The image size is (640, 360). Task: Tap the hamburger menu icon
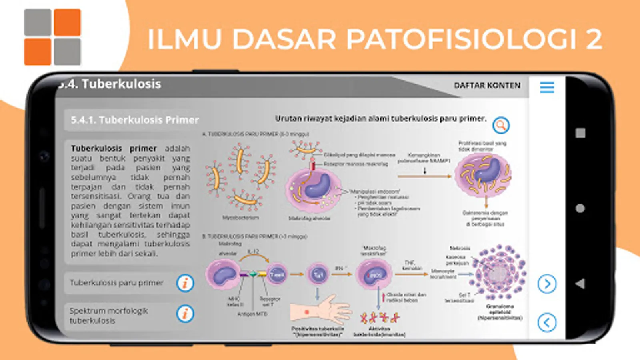(x=547, y=87)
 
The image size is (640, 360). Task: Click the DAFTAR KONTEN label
(x=487, y=86)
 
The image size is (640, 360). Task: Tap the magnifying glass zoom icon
(x=500, y=125)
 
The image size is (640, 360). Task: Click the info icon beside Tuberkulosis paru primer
(x=185, y=283)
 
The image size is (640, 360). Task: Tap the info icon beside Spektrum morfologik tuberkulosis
(x=185, y=314)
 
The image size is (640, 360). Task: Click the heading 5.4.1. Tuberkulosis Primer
(x=134, y=120)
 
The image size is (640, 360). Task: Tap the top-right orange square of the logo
(x=67, y=22)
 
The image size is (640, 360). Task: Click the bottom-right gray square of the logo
(x=67, y=52)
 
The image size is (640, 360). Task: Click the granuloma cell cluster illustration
(x=499, y=273)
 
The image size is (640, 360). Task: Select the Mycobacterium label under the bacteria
(x=240, y=218)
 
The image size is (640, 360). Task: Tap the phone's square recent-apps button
(x=580, y=133)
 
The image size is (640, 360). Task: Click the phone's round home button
(x=580, y=208)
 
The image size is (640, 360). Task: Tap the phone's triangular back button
(x=580, y=284)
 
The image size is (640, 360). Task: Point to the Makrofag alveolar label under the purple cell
(x=309, y=218)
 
